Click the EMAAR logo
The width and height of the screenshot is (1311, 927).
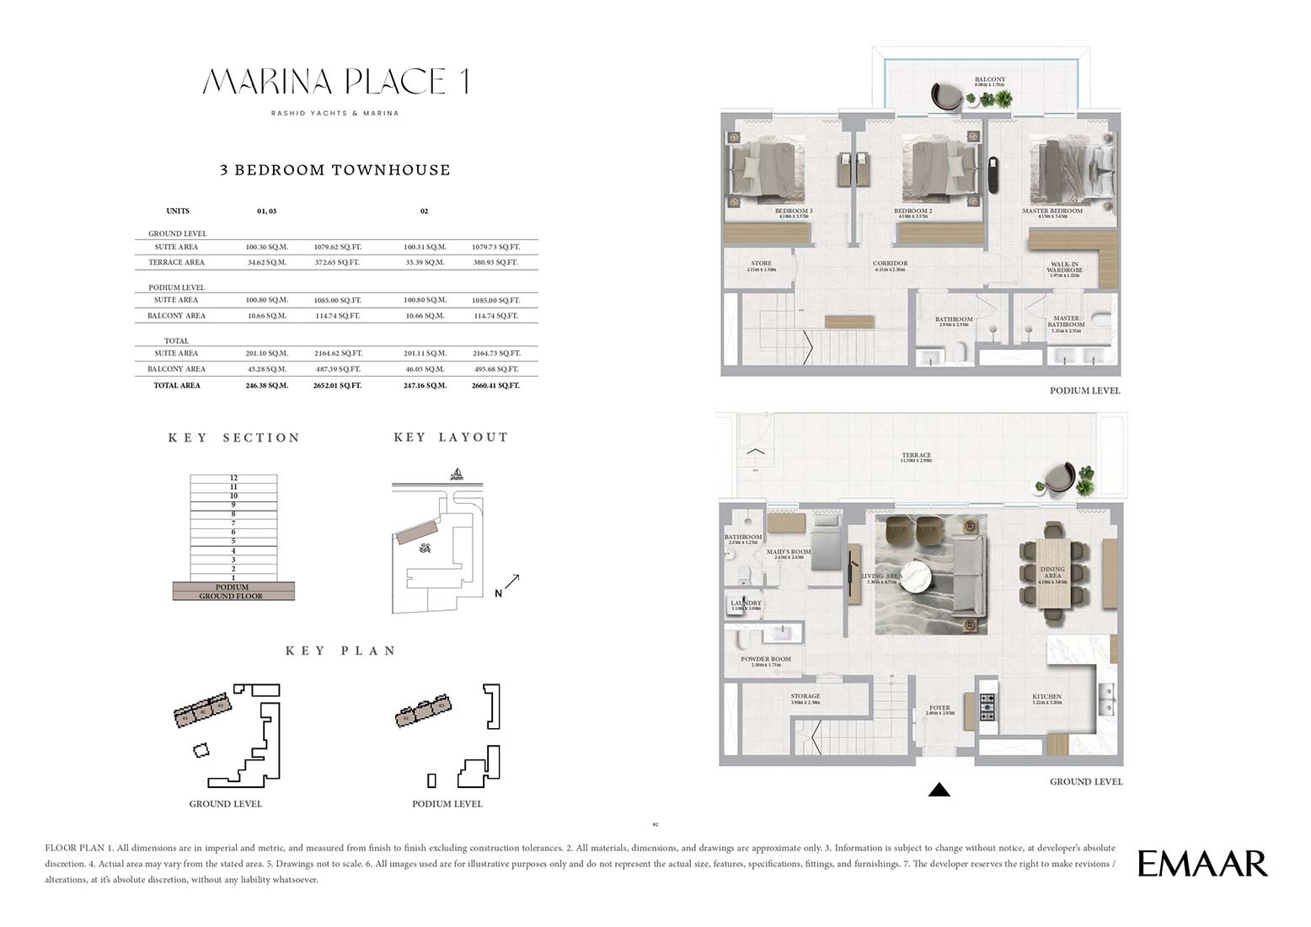(x=1202, y=864)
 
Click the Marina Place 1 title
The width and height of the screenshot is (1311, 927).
(x=335, y=82)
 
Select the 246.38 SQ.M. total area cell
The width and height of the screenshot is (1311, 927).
(x=267, y=385)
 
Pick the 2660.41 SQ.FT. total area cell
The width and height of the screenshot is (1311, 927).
(x=495, y=385)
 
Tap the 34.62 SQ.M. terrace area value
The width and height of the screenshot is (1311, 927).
(x=267, y=262)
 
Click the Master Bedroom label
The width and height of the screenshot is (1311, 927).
(x=1052, y=211)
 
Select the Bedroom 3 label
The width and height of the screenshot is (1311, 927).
(x=793, y=211)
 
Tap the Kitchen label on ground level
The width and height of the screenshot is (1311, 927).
(x=1046, y=697)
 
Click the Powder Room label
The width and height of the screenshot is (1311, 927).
(x=765, y=659)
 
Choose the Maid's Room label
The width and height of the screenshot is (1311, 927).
(x=789, y=552)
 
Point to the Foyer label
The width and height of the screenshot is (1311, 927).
(x=939, y=708)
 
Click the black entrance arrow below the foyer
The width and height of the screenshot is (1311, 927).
(x=939, y=790)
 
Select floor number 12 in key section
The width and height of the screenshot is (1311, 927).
(x=233, y=478)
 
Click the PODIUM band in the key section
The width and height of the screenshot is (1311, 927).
(x=233, y=587)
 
